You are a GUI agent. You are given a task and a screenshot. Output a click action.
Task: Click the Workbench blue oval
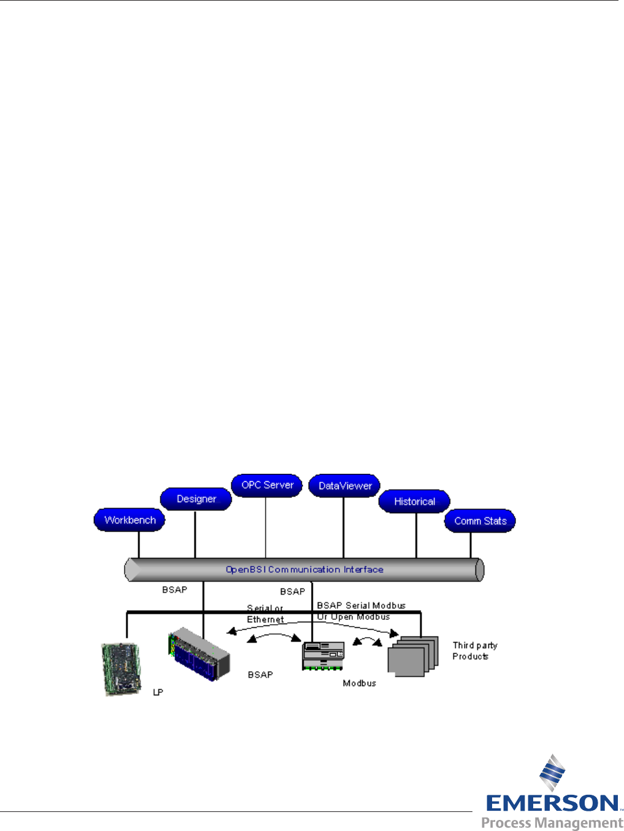(129, 520)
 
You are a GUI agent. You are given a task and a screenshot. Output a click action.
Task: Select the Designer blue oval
(196, 498)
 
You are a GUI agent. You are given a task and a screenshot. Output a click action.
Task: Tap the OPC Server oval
(267, 485)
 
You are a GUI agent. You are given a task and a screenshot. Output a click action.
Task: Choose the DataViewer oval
(345, 485)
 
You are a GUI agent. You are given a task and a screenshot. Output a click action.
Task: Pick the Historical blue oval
(414, 501)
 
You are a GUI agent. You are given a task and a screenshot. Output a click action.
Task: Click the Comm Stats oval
(480, 520)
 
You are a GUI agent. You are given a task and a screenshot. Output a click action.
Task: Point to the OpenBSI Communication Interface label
(304, 570)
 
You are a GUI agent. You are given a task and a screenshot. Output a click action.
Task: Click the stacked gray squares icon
(412, 657)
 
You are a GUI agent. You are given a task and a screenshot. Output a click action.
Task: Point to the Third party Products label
(474, 651)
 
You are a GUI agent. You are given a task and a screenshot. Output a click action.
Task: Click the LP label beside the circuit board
(158, 692)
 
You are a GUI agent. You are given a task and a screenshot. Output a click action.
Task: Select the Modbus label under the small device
(359, 683)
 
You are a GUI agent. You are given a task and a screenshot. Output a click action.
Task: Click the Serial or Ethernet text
(265, 614)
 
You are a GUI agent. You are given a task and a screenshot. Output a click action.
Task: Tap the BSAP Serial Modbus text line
(361, 606)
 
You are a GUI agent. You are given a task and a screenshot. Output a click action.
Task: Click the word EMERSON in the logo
(552, 803)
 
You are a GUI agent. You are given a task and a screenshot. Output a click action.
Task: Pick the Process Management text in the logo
(552, 822)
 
